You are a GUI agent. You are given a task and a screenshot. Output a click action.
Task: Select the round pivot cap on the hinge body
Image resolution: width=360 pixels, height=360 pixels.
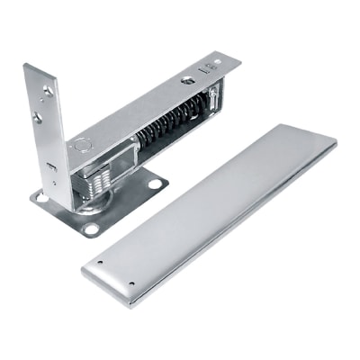click(83, 143)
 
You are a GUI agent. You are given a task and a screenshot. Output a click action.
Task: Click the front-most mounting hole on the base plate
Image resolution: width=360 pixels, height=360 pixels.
click(90, 229)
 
